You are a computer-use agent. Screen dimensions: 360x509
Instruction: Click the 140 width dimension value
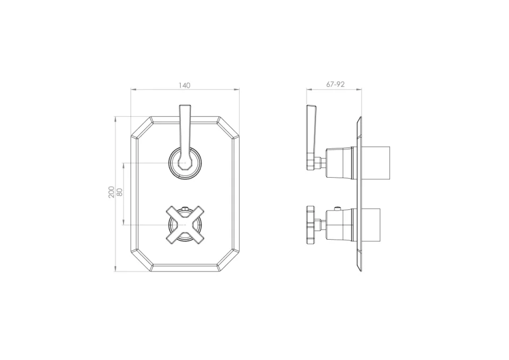click(185, 85)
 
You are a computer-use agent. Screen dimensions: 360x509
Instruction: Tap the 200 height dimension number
click(111, 192)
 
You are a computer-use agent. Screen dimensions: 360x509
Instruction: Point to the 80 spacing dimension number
click(120, 192)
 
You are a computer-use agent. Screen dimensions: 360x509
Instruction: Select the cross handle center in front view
click(185, 225)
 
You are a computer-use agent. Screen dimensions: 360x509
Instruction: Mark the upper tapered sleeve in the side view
click(339, 162)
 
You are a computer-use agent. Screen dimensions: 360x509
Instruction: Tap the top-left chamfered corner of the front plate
click(142, 128)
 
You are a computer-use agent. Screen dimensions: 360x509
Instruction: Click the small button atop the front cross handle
click(185, 208)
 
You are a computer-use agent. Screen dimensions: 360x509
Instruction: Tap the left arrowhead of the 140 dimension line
click(133, 89)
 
